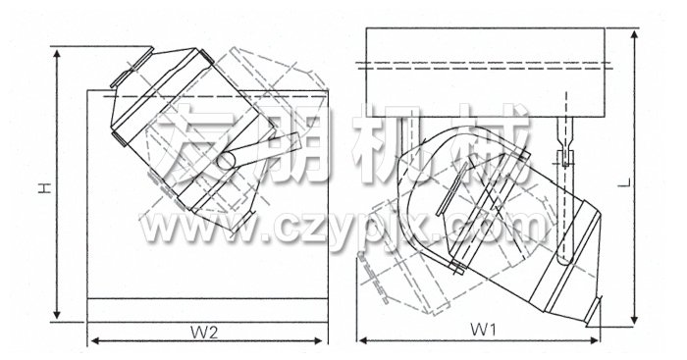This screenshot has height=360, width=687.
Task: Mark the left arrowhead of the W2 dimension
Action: (x=94, y=341)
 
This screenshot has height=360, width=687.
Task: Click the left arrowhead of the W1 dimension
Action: (x=360, y=339)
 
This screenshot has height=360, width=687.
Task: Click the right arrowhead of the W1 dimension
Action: (x=600, y=339)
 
